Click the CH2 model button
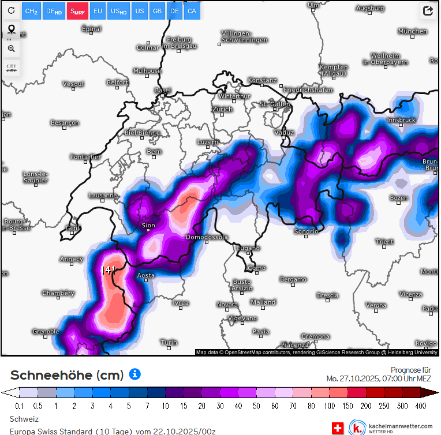click(32, 11)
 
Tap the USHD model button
click(119, 11)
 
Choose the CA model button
click(192, 11)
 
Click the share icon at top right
click(428, 11)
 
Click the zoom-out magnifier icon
click(11, 48)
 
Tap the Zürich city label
click(222, 109)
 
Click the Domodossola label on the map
click(207, 237)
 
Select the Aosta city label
click(146, 275)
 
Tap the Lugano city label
click(249, 248)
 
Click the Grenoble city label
click(46, 331)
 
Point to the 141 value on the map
click(109, 269)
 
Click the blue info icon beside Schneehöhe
click(134, 374)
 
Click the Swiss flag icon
click(338, 428)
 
